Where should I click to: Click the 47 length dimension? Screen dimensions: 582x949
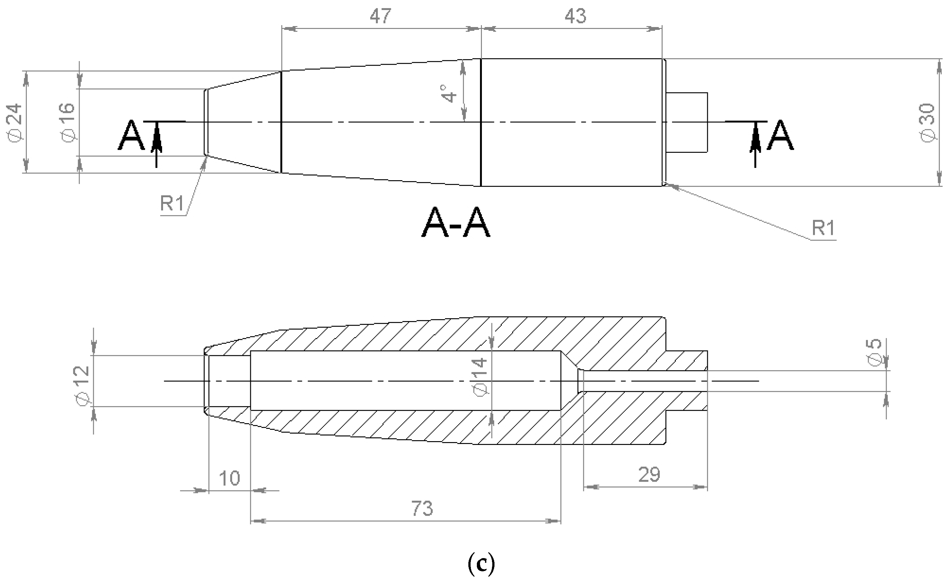380,16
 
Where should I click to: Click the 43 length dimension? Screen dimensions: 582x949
575,16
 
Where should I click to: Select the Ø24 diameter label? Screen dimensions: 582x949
15,122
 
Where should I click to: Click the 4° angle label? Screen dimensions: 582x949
449,93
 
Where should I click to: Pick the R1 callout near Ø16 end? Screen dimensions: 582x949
172,203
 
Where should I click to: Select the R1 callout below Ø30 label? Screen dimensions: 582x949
823,228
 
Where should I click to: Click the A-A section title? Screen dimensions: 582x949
456,223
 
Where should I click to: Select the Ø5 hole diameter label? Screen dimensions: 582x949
874,352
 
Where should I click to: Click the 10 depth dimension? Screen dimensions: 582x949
230,478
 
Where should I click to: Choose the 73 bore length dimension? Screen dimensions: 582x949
422,508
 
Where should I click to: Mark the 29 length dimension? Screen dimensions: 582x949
649,474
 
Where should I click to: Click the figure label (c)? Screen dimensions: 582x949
481,563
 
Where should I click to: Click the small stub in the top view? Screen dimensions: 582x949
686,122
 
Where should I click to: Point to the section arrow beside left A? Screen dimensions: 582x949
156,144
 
